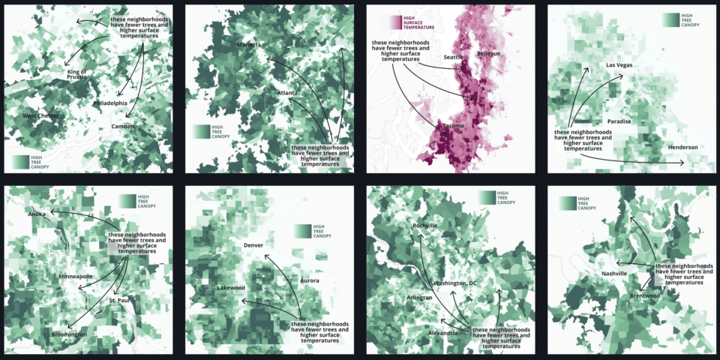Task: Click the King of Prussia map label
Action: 77,75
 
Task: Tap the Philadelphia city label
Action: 110,103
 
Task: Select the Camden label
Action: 122,126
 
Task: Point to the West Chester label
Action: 40,115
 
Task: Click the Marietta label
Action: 249,45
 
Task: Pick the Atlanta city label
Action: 286,93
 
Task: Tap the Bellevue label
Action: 488,54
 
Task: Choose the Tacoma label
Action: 454,126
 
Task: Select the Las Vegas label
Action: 619,65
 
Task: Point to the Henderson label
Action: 682,147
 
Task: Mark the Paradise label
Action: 619,121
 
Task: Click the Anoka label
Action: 37,214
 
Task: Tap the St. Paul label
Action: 120,301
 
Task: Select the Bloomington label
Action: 69,334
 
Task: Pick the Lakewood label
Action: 231,288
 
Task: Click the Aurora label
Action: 310,280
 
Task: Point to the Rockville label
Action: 424,225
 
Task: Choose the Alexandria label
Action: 443,332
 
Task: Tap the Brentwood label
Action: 645,295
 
